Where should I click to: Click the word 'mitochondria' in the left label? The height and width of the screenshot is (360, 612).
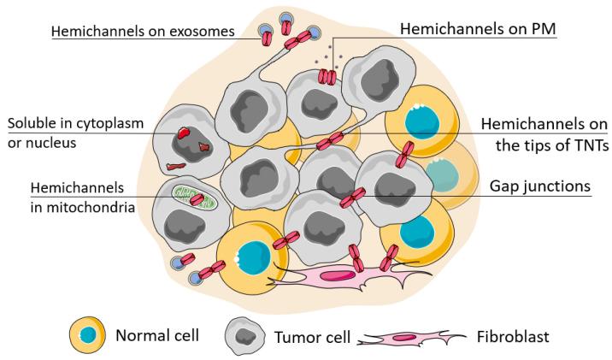point(73,204)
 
